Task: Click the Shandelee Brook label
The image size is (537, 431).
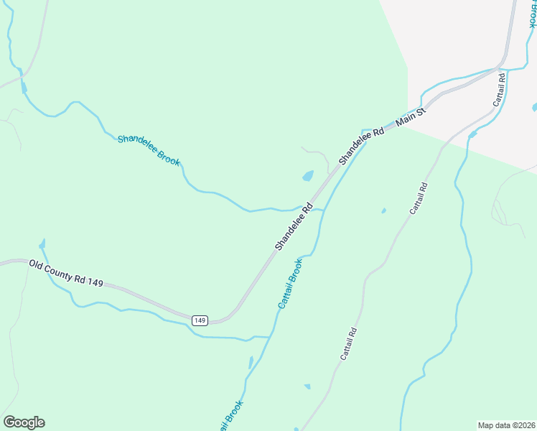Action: (x=149, y=149)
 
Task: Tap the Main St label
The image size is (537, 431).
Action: (x=411, y=118)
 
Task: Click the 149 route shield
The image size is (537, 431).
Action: (x=200, y=320)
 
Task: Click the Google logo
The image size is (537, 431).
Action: (x=24, y=422)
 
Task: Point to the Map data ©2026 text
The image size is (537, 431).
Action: (x=506, y=425)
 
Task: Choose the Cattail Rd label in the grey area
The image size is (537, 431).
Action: (x=500, y=90)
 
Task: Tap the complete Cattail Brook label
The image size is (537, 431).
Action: (x=291, y=284)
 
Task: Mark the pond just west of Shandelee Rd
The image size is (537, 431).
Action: (x=308, y=175)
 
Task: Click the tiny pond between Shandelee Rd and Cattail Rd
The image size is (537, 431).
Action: (x=383, y=210)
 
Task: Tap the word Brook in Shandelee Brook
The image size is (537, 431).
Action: (x=168, y=157)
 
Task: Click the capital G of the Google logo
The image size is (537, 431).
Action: (x=10, y=422)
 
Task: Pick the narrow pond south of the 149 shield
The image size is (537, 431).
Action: (x=251, y=363)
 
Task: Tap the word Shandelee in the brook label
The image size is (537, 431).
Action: (x=137, y=144)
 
